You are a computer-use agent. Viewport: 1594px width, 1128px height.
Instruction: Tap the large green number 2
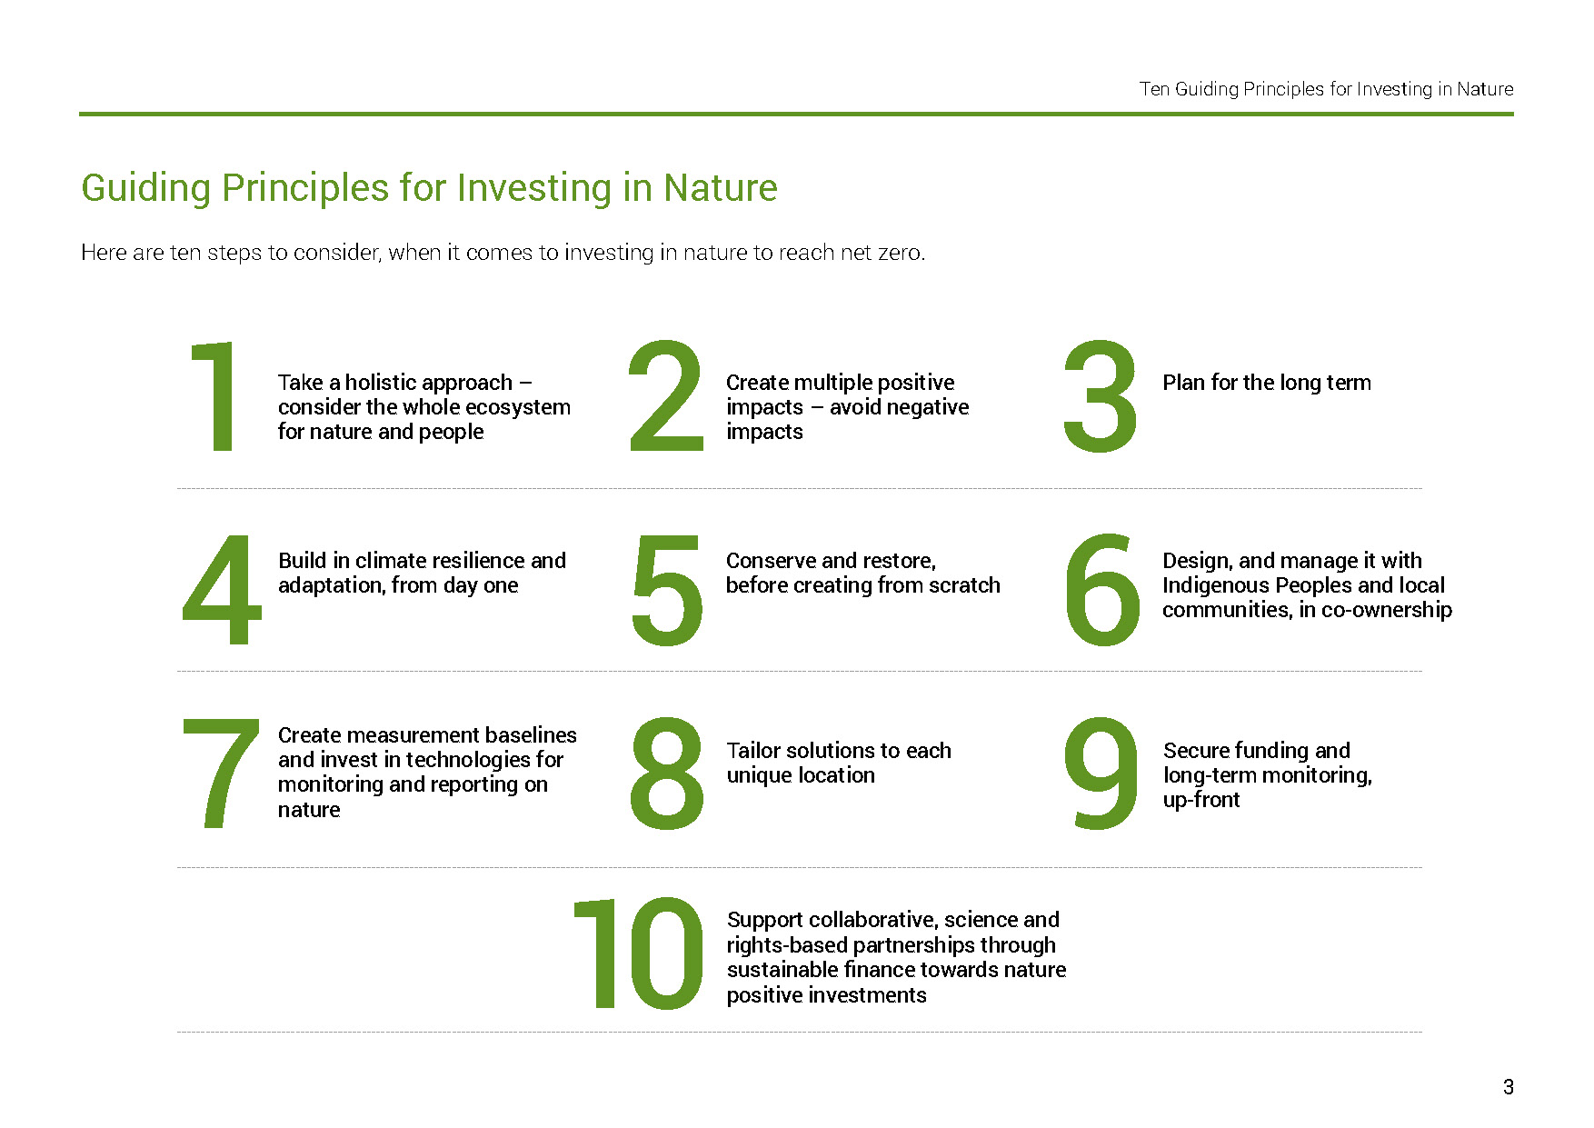click(666, 396)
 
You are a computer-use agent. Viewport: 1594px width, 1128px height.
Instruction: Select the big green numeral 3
click(1101, 396)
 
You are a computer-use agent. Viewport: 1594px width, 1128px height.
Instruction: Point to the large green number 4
click(222, 589)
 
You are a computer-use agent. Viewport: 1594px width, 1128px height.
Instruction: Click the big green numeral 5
click(667, 591)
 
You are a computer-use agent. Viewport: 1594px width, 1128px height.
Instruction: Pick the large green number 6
click(1102, 591)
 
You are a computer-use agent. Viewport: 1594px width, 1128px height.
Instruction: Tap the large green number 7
click(221, 774)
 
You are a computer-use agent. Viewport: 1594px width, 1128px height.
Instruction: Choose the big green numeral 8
click(666, 774)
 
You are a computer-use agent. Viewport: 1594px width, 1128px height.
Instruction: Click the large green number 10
click(639, 953)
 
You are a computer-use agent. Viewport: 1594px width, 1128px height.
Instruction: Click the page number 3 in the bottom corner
click(1508, 1087)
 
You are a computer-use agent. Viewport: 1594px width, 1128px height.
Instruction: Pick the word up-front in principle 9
click(1200, 800)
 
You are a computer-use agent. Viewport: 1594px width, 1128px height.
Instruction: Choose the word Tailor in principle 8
click(752, 751)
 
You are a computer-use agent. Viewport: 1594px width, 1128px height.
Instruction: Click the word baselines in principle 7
click(531, 734)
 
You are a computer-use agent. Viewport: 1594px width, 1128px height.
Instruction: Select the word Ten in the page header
click(1153, 89)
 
